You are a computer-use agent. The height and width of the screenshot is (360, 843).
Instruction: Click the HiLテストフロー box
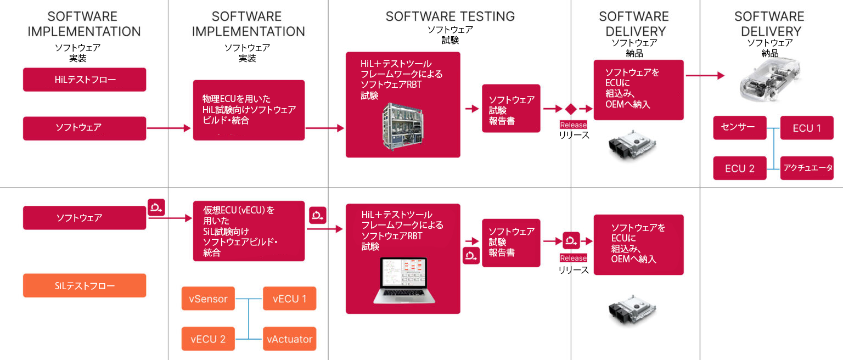(85, 80)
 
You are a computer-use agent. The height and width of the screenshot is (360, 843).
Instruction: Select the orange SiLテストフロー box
(85, 285)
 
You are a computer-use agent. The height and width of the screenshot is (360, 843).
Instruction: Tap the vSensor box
(208, 299)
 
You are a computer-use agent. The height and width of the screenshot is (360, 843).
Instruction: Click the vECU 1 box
(289, 299)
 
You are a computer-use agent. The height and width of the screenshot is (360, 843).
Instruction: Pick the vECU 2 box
(208, 339)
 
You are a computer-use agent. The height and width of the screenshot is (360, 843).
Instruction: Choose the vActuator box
(289, 339)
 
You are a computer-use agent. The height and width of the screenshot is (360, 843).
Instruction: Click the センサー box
(739, 128)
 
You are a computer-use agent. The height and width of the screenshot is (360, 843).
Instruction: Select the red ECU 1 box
(807, 128)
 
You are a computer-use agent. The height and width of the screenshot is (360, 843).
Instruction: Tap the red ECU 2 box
(739, 168)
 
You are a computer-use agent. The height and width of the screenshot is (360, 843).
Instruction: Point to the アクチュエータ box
(807, 168)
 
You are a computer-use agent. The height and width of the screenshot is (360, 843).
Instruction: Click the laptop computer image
(403, 280)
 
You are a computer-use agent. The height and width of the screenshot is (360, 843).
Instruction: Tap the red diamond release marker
(571, 109)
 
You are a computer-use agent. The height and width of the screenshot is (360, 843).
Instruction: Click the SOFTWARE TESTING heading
(450, 16)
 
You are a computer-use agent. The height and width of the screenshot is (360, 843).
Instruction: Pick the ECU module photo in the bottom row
(632, 313)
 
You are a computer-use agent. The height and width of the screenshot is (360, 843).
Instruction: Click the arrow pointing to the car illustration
(705, 76)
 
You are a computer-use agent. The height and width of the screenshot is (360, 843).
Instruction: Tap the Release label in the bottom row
(574, 258)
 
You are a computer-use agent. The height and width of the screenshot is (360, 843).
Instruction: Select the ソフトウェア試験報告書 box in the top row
(511, 109)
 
